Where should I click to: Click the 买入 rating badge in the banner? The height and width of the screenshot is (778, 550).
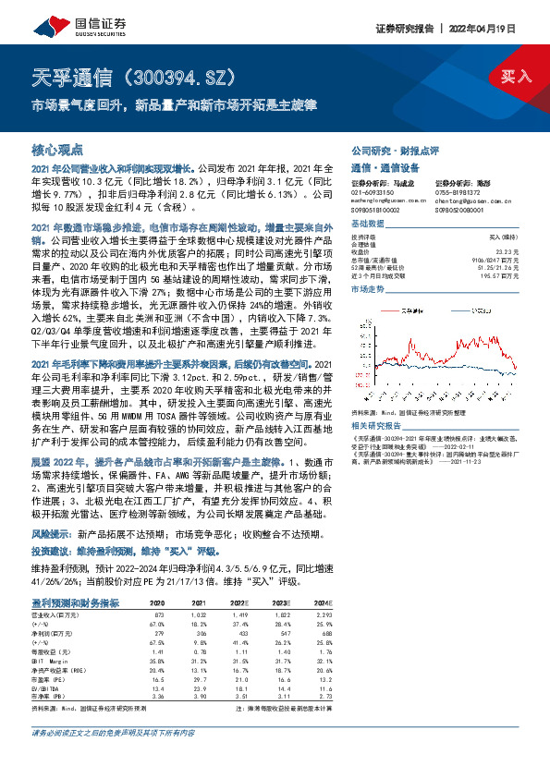515,77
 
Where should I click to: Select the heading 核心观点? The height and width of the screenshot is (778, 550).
57,149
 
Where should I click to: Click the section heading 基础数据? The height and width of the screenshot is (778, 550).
366,224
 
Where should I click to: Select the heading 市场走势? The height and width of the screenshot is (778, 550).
366,289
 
